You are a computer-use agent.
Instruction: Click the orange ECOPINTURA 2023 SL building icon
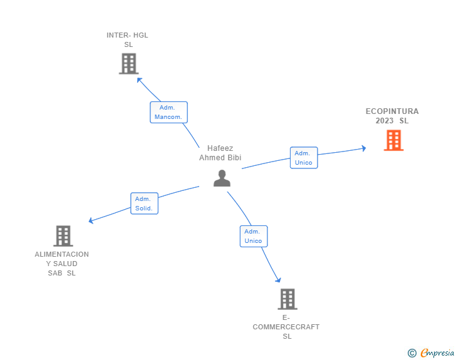393,140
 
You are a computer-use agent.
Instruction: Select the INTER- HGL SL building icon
128,64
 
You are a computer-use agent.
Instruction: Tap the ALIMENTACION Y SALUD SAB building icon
63,236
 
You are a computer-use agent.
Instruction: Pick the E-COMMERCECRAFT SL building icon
287,299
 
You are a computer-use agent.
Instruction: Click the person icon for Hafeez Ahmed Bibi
222,178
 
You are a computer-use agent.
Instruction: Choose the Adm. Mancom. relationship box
168,112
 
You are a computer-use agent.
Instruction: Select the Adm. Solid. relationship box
144,203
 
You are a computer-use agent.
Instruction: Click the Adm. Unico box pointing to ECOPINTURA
304,158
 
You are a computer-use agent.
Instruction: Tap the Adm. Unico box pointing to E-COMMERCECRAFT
253,236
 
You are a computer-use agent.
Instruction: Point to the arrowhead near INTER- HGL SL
139,80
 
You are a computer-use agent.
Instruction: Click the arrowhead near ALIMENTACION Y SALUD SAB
91,220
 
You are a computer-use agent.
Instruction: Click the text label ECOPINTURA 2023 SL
392,116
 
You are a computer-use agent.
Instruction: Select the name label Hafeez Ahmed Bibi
220,153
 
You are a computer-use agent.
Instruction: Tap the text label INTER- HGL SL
128,39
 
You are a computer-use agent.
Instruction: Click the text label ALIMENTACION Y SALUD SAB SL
62,264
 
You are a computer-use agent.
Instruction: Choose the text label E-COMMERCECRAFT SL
286,327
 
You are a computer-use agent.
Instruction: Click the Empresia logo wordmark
437,352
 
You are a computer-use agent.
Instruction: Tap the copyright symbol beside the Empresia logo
412,353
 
